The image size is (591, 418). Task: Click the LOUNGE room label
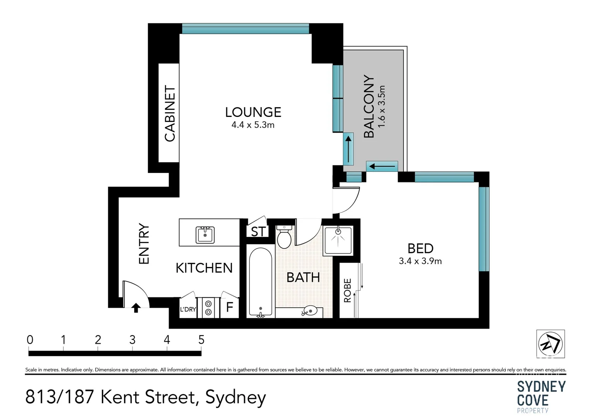253,112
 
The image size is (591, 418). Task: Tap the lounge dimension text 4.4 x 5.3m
253,125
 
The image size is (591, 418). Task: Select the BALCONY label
369,106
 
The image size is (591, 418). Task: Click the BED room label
420,248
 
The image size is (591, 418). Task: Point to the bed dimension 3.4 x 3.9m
420,261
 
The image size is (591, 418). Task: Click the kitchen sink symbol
205,235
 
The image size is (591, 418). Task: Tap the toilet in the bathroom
284,237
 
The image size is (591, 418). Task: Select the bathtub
261,283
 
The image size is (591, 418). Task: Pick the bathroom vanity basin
310,310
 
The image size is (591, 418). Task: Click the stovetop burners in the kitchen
208,308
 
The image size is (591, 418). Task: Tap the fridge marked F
229,308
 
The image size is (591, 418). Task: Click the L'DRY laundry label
188,309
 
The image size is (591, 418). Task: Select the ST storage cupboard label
258,231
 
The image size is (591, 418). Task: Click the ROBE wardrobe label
347,290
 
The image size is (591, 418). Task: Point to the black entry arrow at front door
136,308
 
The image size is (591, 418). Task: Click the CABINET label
170,113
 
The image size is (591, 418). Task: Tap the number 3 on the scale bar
132,340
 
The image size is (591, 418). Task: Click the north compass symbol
550,344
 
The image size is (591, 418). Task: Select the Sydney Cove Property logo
541,397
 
